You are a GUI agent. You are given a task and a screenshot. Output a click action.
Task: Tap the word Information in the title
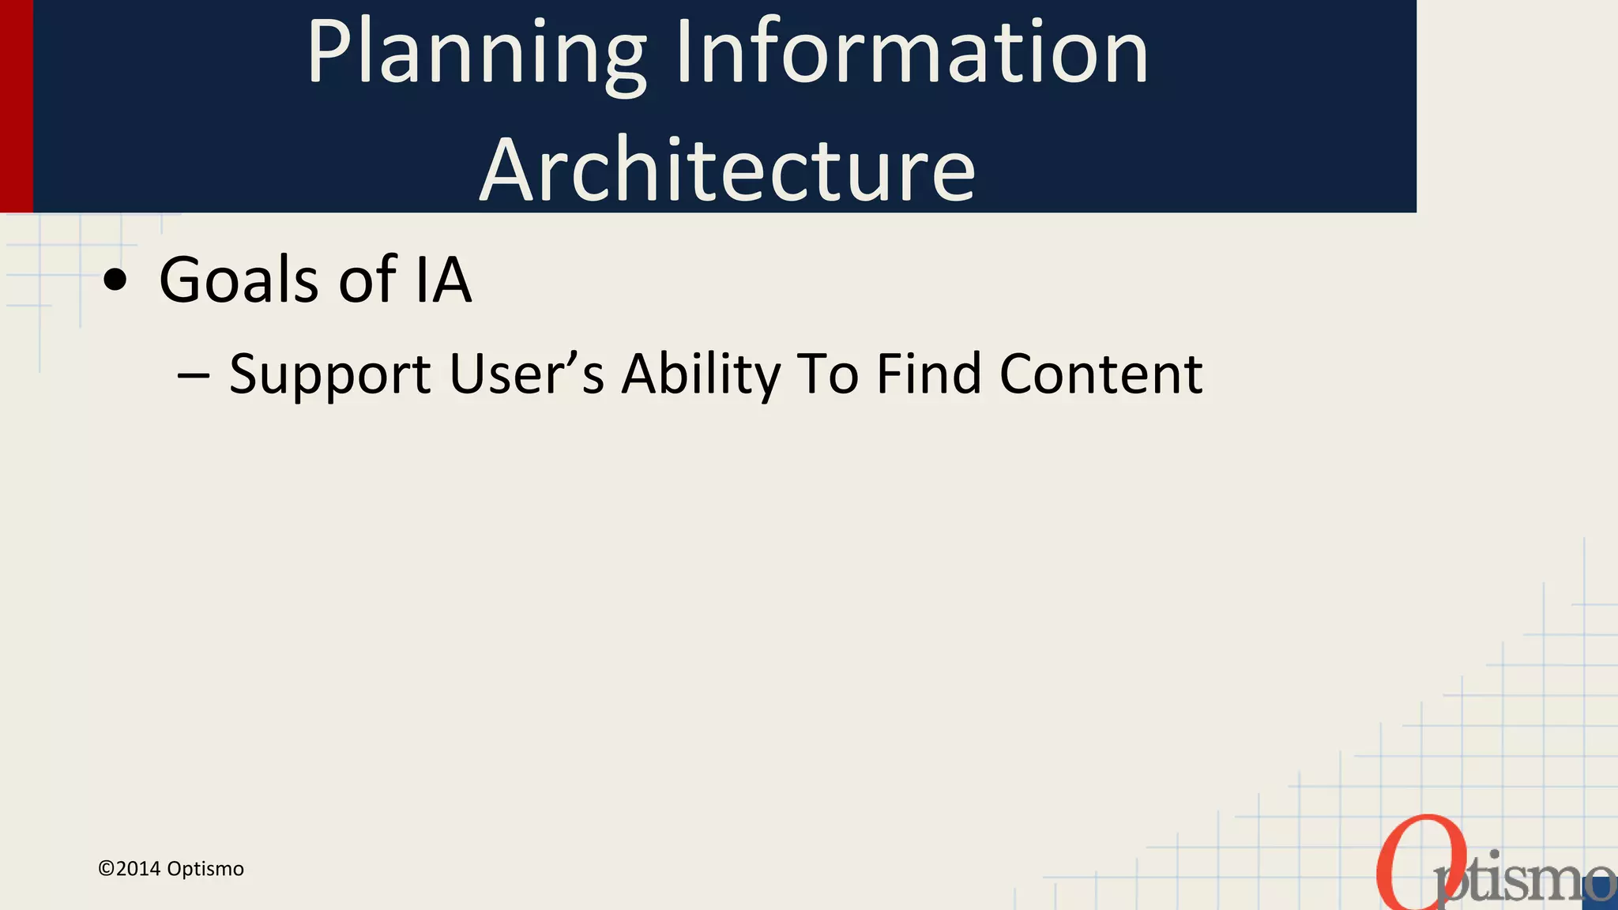point(912,54)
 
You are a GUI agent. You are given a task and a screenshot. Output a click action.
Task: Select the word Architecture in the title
point(728,171)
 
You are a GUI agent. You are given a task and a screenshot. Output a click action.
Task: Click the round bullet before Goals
point(115,280)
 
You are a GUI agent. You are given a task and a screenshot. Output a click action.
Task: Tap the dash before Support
point(194,374)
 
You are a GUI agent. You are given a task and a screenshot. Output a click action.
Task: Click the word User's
point(526,374)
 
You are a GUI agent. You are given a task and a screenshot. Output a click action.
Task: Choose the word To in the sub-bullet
point(827,374)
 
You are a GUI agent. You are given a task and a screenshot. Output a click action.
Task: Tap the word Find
point(929,374)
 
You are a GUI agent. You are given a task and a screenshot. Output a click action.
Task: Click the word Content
point(1101,374)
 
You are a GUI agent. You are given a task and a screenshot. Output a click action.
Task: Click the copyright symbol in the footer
point(106,869)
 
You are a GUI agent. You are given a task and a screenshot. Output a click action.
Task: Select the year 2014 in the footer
point(138,869)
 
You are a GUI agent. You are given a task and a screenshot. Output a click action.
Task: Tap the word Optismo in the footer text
point(205,869)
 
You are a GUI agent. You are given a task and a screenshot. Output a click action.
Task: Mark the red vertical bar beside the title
point(16,106)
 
